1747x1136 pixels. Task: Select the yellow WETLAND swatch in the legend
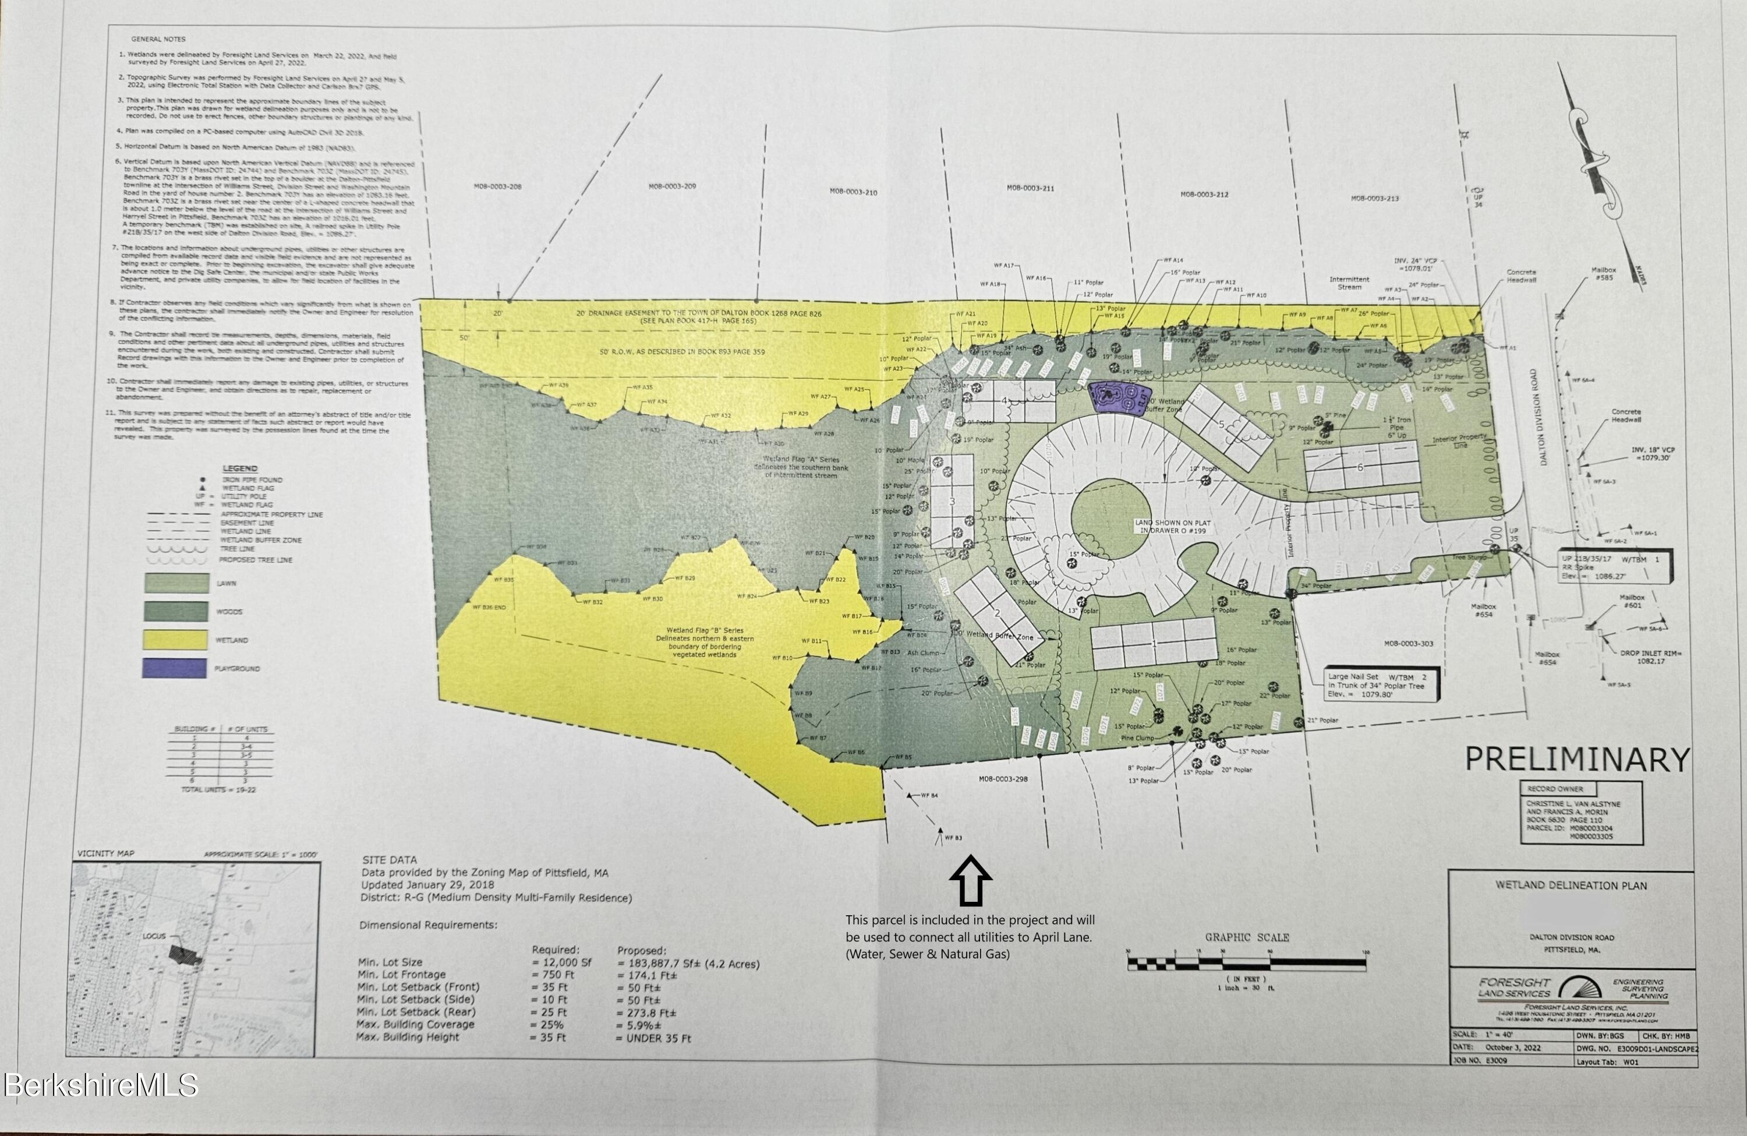click(x=174, y=640)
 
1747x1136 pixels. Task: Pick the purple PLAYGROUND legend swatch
click(x=174, y=668)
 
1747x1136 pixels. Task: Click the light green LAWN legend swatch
click(x=176, y=584)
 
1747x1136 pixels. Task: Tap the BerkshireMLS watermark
click(x=101, y=1085)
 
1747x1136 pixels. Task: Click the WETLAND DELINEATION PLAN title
click(x=1571, y=885)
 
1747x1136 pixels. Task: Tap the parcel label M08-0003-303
click(x=1409, y=643)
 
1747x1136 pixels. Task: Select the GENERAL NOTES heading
click(x=158, y=39)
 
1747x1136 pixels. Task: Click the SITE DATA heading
click(x=389, y=860)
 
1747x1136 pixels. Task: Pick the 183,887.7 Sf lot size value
click(x=688, y=964)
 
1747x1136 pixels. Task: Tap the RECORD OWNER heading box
click(x=1555, y=789)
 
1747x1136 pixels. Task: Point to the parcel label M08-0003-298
click(x=1003, y=779)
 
